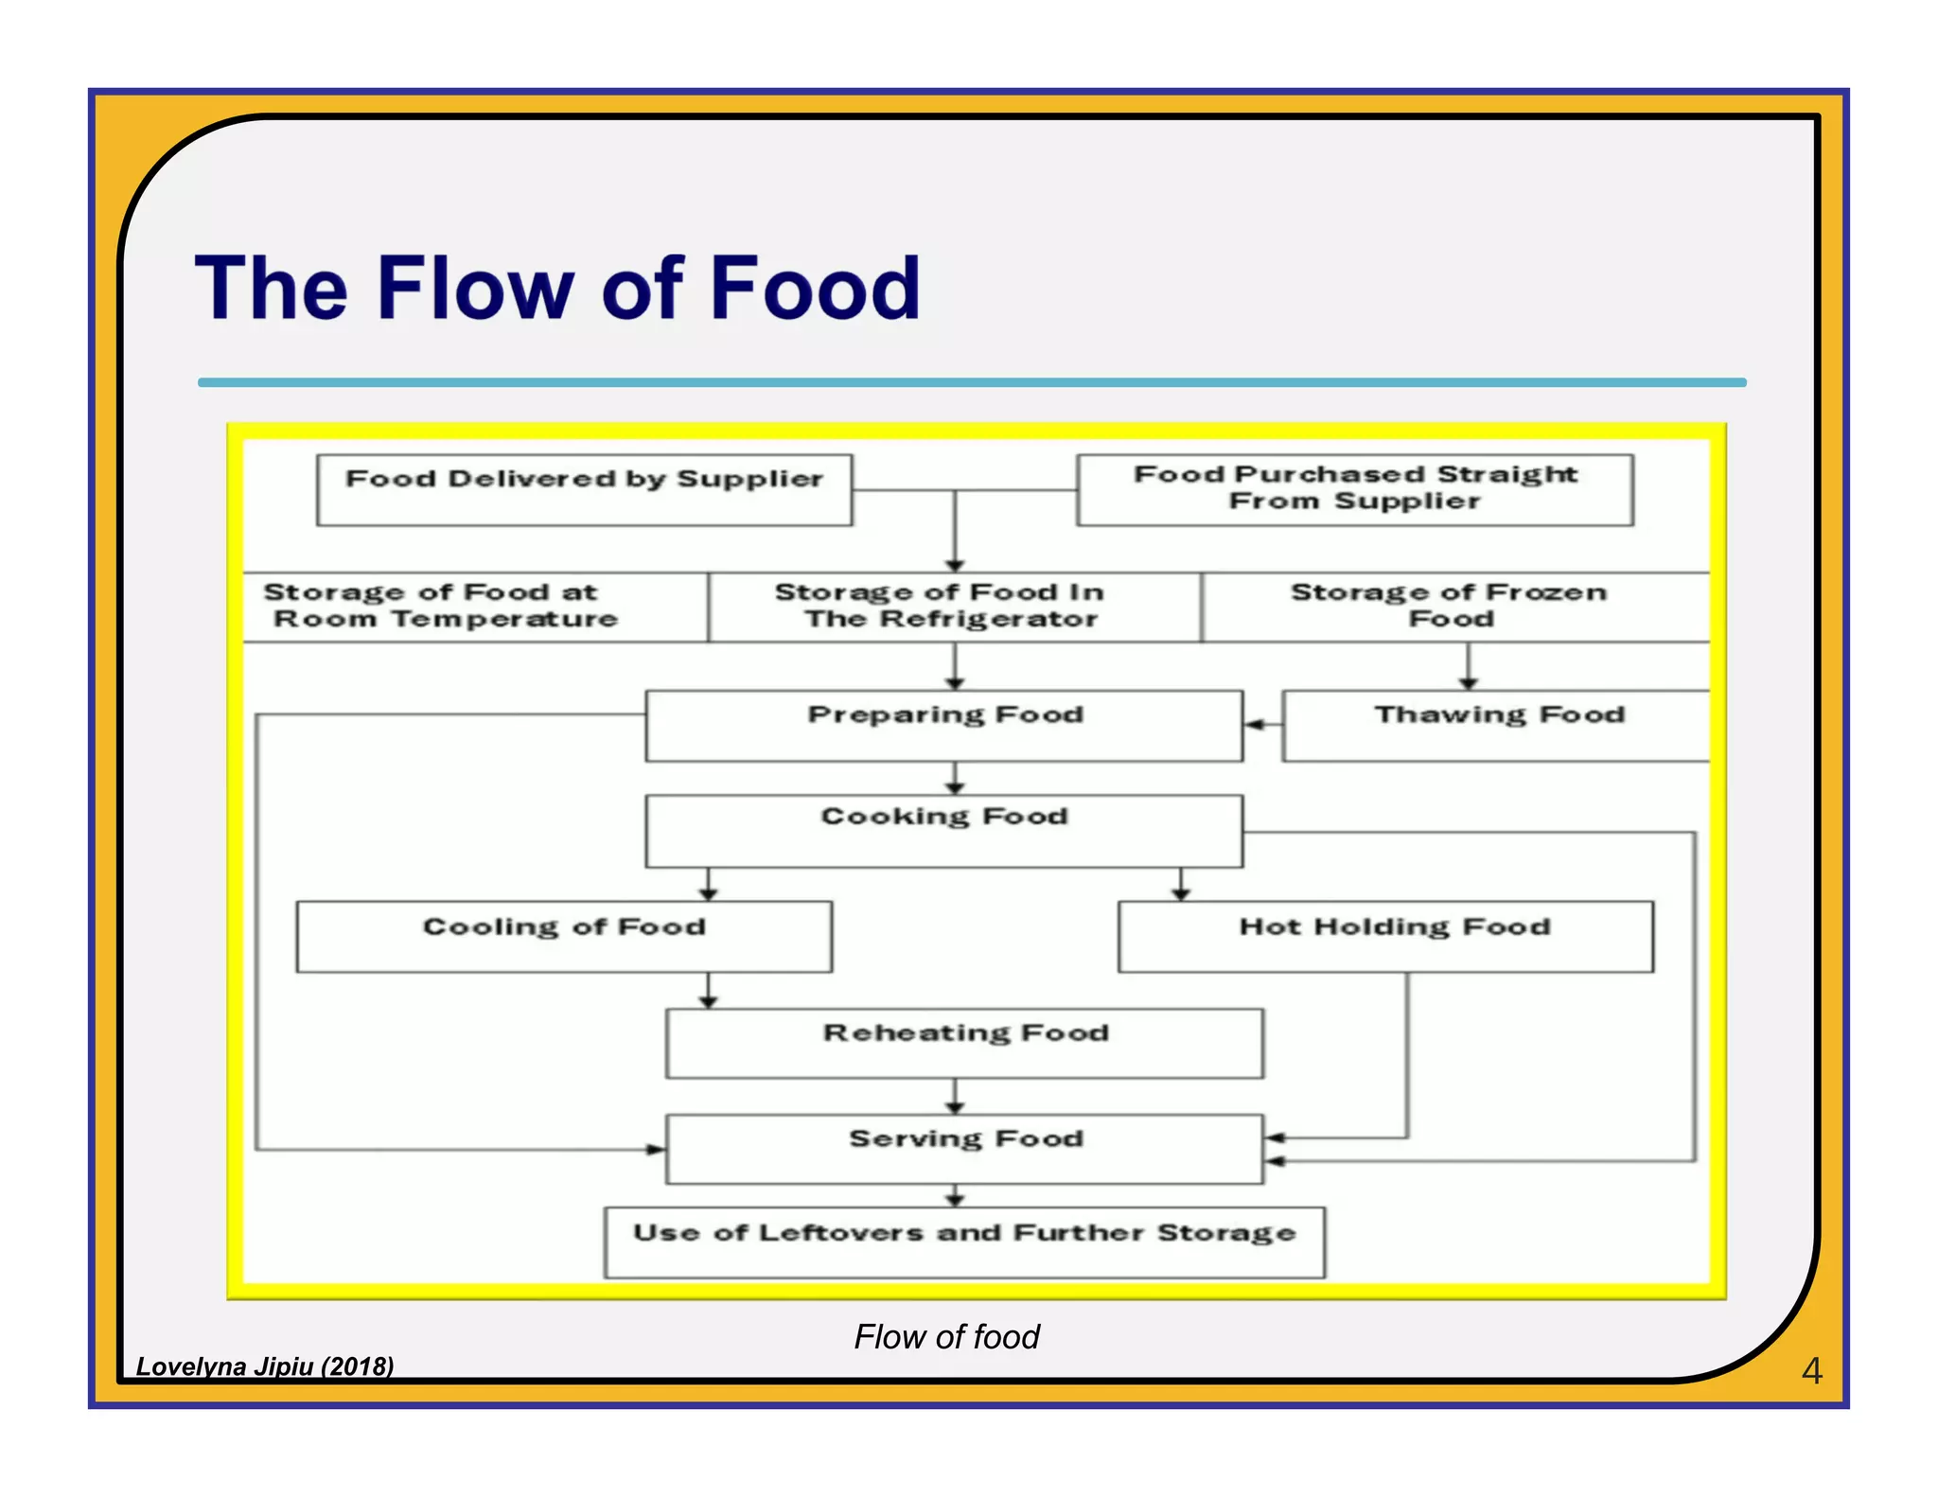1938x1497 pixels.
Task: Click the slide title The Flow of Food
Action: [x=556, y=288]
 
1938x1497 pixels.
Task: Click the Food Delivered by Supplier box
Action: [x=584, y=490]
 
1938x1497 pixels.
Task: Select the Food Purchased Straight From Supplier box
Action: [x=1354, y=489]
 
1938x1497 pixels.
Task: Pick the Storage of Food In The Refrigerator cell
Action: [x=954, y=607]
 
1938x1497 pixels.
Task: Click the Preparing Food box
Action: [x=943, y=725]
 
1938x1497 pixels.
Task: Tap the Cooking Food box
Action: [x=943, y=830]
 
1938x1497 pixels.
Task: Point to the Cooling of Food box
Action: [x=564, y=936]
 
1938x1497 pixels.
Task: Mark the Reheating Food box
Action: [x=963, y=1043]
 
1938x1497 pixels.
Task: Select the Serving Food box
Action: [x=963, y=1148]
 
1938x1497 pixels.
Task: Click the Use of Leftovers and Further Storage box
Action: [x=963, y=1242]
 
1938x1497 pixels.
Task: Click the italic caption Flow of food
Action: [x=945, y=1336]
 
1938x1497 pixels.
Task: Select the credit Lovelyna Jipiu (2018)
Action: [x=265, y=1365]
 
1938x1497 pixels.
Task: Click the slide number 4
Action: [x=1810, y=1370]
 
